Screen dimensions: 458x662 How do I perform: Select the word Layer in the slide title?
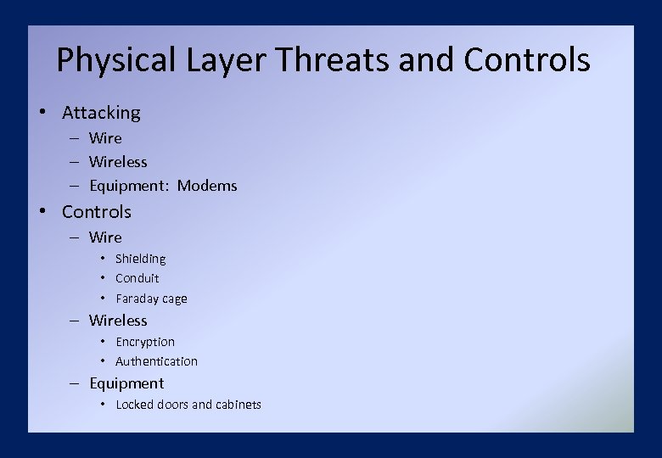click(225, 61)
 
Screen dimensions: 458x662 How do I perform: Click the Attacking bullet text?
click(101, 113)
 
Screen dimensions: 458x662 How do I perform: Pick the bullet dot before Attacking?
click(42, 113)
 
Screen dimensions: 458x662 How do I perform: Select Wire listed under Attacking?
click(105, 138)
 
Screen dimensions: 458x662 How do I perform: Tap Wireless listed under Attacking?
click(118, 162)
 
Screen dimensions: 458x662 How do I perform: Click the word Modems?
click(207, 186)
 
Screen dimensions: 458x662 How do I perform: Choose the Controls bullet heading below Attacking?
click(97, 212)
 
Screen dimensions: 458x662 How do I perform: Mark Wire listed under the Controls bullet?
click(105, 237)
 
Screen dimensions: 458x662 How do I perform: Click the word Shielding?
click(140, 259)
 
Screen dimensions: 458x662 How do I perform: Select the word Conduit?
click(137, 278)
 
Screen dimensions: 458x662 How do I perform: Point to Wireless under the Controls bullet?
click(118, 321)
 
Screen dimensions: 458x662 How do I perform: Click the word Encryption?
click(145, 342)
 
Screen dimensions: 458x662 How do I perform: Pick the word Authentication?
click(156, 361)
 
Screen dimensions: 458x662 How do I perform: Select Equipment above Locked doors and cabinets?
click(126, 383)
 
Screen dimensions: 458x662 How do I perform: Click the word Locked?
click(134, 405)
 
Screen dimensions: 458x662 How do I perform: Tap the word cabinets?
click(238, 405)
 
